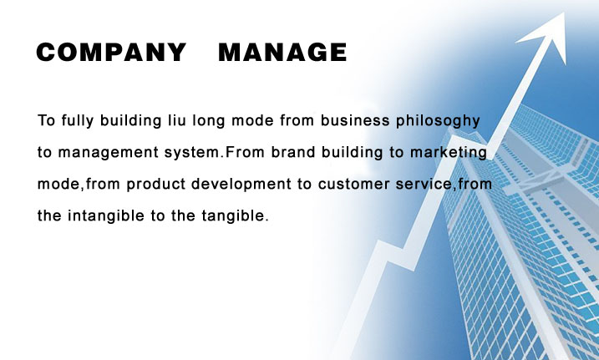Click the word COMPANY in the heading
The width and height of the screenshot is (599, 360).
click(x=111, y=52)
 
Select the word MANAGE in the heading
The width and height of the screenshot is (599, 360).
click(x=282, y=52)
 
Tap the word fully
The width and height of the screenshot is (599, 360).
click(x=78, y=120)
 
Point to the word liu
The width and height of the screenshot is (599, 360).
click(x=177, y=120)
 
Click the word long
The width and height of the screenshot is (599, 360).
click(x=209, y=121)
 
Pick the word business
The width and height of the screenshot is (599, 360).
click(x=355, y=120)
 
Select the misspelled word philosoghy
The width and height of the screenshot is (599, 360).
click(x=438, y=121)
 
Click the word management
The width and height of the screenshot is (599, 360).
click(x=108, y=153)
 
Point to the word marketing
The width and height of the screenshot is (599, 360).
click(x=449, y=153)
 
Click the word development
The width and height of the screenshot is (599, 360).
click(x=241, y=185)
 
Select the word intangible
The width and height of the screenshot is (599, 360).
click(x=106, y=216)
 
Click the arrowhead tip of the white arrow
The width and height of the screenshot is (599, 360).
click(x=564, y=13)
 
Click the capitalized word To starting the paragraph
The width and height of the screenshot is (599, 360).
click(x=47, y=120)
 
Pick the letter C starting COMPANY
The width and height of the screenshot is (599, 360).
click(x=46, y=52)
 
